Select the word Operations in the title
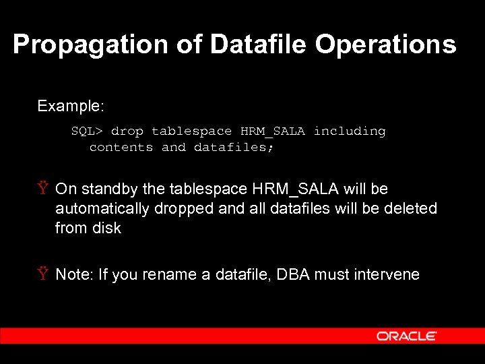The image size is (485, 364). (385, 45)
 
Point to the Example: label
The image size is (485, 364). (71, 106)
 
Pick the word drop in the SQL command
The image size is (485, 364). (127, 131)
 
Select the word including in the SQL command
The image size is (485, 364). (350, 131)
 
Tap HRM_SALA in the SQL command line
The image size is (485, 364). (273, 131)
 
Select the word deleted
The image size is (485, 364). (410, 209)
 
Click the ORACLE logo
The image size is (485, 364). (407, 336)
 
